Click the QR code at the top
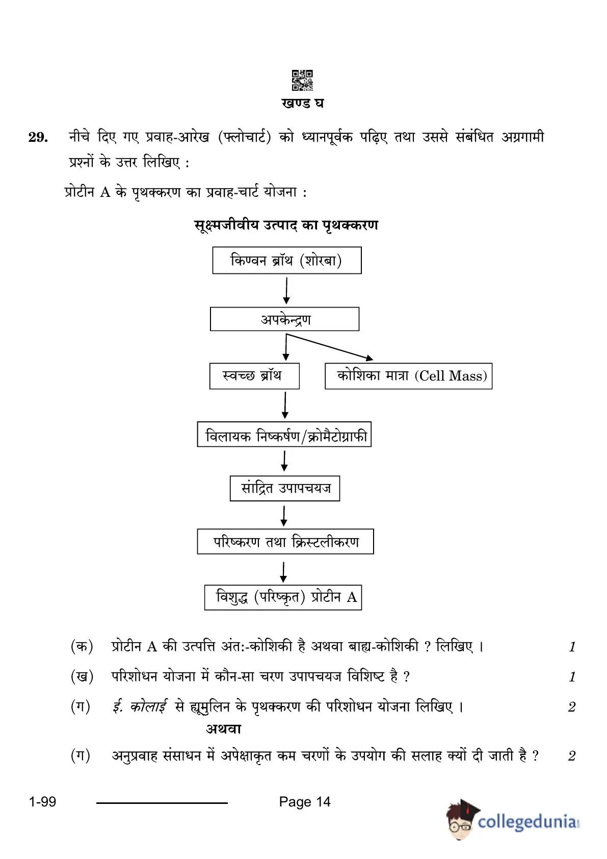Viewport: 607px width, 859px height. click(x=302, y=80)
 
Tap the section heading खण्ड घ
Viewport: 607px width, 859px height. click(x=302, y=104)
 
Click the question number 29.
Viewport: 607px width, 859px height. click(x=38, y=137)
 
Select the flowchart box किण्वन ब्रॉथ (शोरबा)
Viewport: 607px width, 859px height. click(x=286, y=260)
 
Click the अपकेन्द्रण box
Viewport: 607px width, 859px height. click(x=284, y=319)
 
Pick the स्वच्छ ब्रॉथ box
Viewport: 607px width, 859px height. click(x=254, y=376)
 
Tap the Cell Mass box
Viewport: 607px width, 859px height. click(x=409, y=376)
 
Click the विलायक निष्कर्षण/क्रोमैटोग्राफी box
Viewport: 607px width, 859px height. click(x=284, y=434)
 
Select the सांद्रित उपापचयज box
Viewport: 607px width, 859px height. click(x=285, y=488)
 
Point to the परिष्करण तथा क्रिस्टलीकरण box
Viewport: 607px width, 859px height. click(x=285, y=542)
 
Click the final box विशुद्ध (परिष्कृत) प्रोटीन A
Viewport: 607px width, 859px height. click(x=283, y=597)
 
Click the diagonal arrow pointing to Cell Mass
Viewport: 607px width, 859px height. click(x=330, y=347)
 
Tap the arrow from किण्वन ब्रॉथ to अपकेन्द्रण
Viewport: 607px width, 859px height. click(x=286, y=291)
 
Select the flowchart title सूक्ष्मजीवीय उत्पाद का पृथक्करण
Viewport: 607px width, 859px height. click(x=286, y=225)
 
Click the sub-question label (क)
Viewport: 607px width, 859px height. click(x=82, y=647)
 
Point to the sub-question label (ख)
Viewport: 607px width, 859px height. click(x=82, y=676)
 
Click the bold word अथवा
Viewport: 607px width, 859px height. click(x=223, y=728)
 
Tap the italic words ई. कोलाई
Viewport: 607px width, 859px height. click(x=140, y=706)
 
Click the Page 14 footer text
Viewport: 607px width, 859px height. click(x=305, y=801)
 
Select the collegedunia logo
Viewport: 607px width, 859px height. click(x=513, y=821)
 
